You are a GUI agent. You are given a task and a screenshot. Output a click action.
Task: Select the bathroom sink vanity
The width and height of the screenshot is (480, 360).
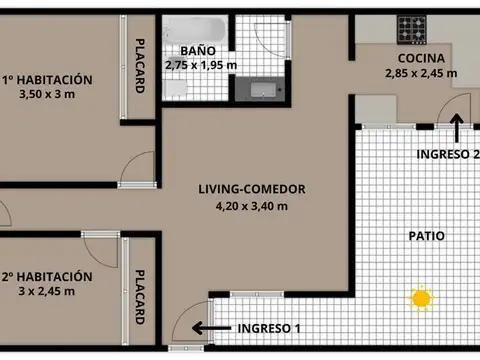tap(262, 90)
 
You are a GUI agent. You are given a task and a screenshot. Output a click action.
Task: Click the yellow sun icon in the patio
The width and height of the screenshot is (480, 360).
tap(421, 298)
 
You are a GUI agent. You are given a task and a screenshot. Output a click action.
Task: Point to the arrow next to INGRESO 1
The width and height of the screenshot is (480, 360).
tap(211, 327)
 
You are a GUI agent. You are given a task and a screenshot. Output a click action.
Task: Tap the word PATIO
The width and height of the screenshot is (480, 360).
tap(426, 237)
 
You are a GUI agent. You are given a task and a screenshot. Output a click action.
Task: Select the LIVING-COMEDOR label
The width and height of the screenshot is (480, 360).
tap(252, 189)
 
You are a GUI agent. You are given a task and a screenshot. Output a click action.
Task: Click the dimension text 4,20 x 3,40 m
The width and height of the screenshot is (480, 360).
tap(252, 207)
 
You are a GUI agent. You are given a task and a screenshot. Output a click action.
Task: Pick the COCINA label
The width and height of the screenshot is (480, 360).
tap(421, 57)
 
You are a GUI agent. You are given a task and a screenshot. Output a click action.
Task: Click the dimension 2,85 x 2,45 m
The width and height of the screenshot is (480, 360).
tap(421, 73)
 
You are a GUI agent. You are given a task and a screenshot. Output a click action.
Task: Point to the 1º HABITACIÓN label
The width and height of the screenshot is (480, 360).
tap(47, 79)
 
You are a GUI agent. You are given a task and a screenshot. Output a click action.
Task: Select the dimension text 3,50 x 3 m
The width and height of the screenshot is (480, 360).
tap(47, 95)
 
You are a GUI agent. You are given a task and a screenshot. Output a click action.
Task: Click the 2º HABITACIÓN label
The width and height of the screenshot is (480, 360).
tap(47, 276)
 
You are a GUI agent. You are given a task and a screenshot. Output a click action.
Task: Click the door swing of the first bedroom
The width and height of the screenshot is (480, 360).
tap(139, 170)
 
